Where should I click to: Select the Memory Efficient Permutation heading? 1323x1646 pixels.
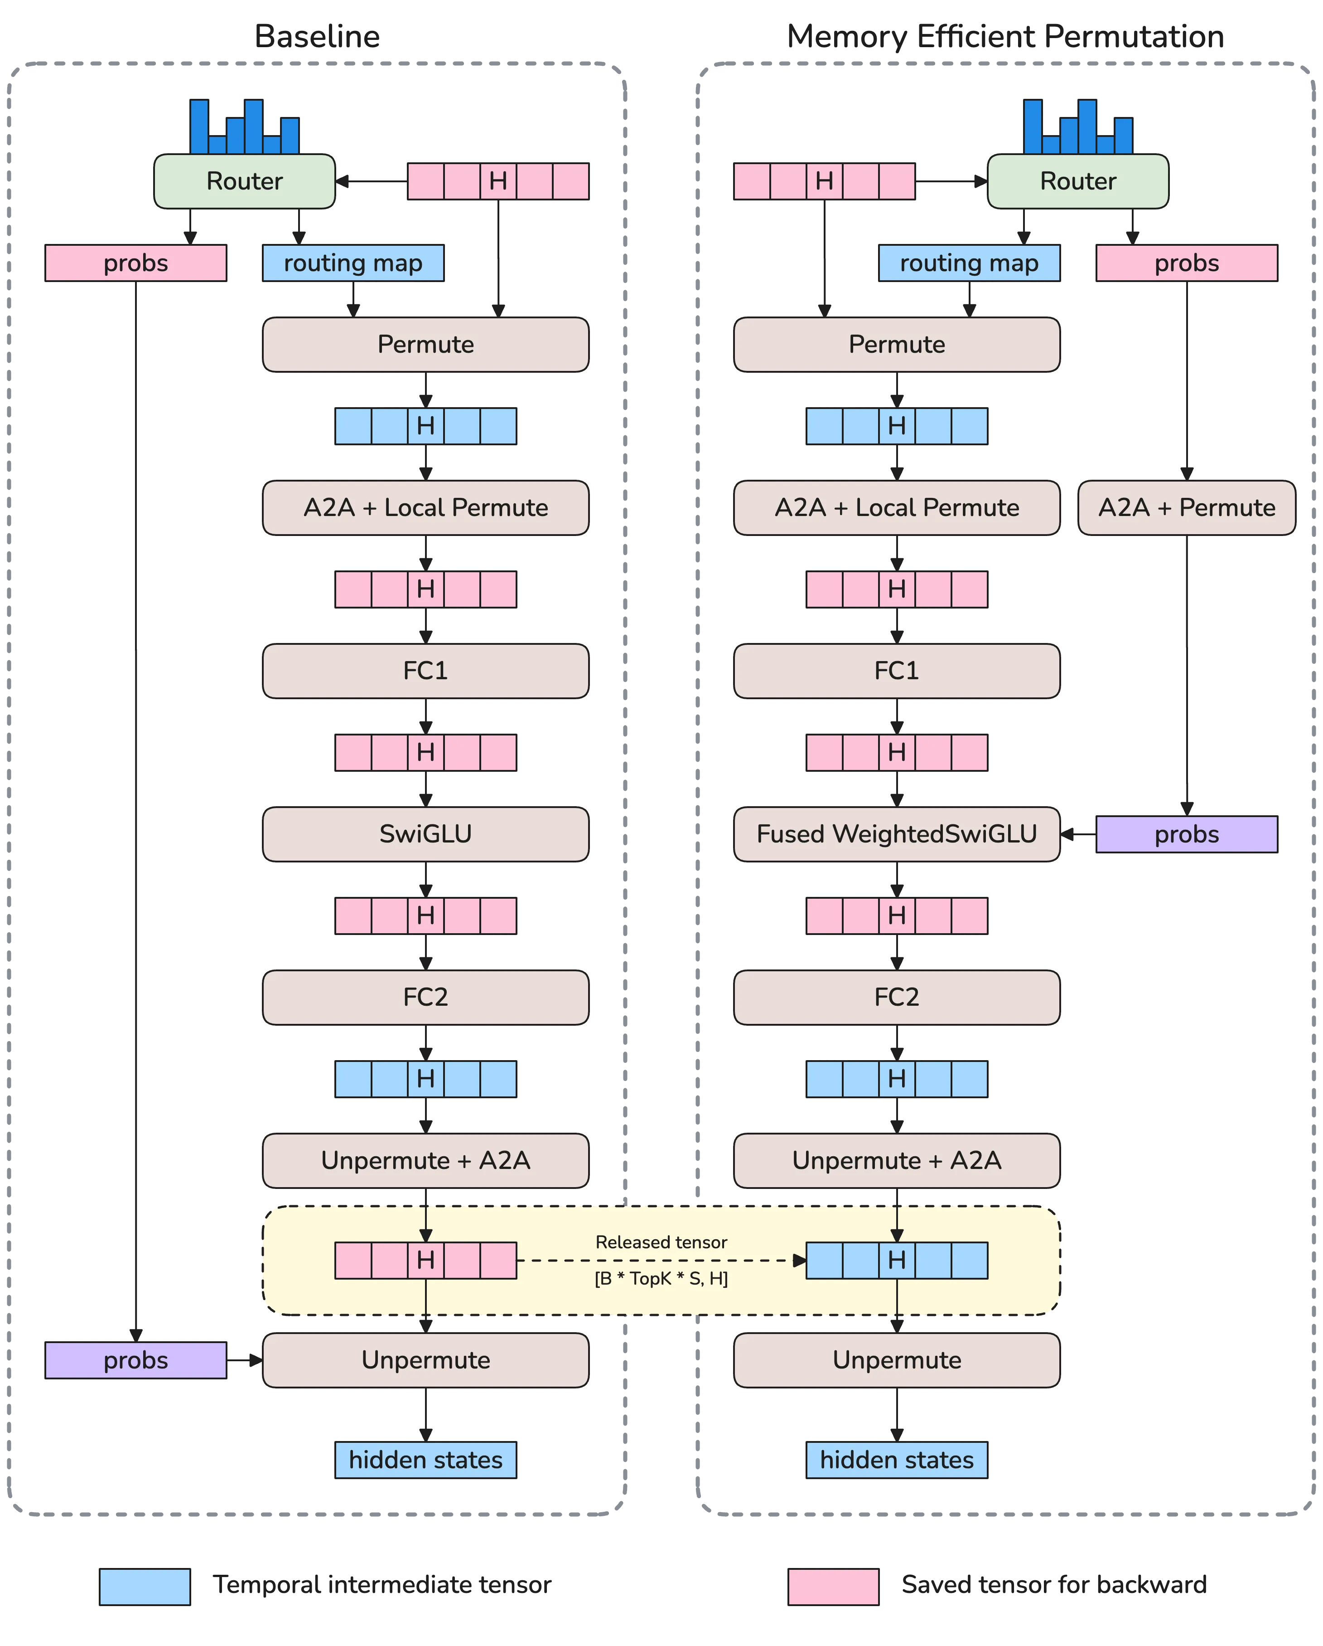click(1005, 37)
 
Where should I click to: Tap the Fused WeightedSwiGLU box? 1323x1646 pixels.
click(897, 834)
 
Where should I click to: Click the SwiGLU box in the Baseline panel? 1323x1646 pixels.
click(426, 834)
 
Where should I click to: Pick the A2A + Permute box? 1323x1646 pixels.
click(1187, 508)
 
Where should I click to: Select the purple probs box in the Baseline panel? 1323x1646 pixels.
click(136, 1360)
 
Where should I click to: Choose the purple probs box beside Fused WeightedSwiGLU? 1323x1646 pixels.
click(1187, 834)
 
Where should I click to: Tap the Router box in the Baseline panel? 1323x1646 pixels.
click(244, 181)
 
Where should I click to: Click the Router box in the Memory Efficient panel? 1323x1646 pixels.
click(1077, 181)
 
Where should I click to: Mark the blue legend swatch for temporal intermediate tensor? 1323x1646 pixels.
click(145, 1587)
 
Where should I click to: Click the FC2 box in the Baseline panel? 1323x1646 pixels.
click(426, 997)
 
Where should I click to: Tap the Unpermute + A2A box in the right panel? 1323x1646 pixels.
click(897, 1160)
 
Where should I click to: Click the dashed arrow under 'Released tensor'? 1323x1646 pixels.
click(661, 1261)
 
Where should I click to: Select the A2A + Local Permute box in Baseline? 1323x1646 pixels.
click(426, 508)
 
